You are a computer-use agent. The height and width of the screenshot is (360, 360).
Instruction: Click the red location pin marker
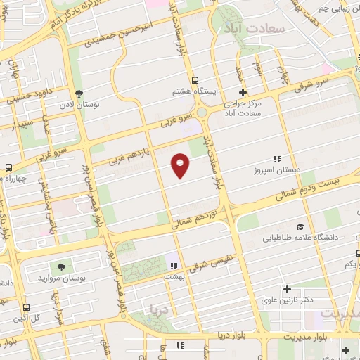(x=181, y=165)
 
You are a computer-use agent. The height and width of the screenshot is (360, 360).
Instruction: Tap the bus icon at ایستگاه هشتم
(x=195, y=80)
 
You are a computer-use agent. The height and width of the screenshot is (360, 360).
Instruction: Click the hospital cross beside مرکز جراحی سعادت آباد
(x=243, y=92)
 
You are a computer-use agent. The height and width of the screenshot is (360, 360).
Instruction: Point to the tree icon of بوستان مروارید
(x=61, y=266)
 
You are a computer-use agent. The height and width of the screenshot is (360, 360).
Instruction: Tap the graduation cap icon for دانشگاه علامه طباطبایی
(x=300, y=226)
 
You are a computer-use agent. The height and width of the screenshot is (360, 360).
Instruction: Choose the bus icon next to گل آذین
(x=26, y=308)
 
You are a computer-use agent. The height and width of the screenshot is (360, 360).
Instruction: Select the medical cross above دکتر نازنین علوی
(x=287, y=289)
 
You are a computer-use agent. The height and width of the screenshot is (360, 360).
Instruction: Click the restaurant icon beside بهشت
(x=173, y=266)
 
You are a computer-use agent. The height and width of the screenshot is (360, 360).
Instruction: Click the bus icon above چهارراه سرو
(x=8, y=167)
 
